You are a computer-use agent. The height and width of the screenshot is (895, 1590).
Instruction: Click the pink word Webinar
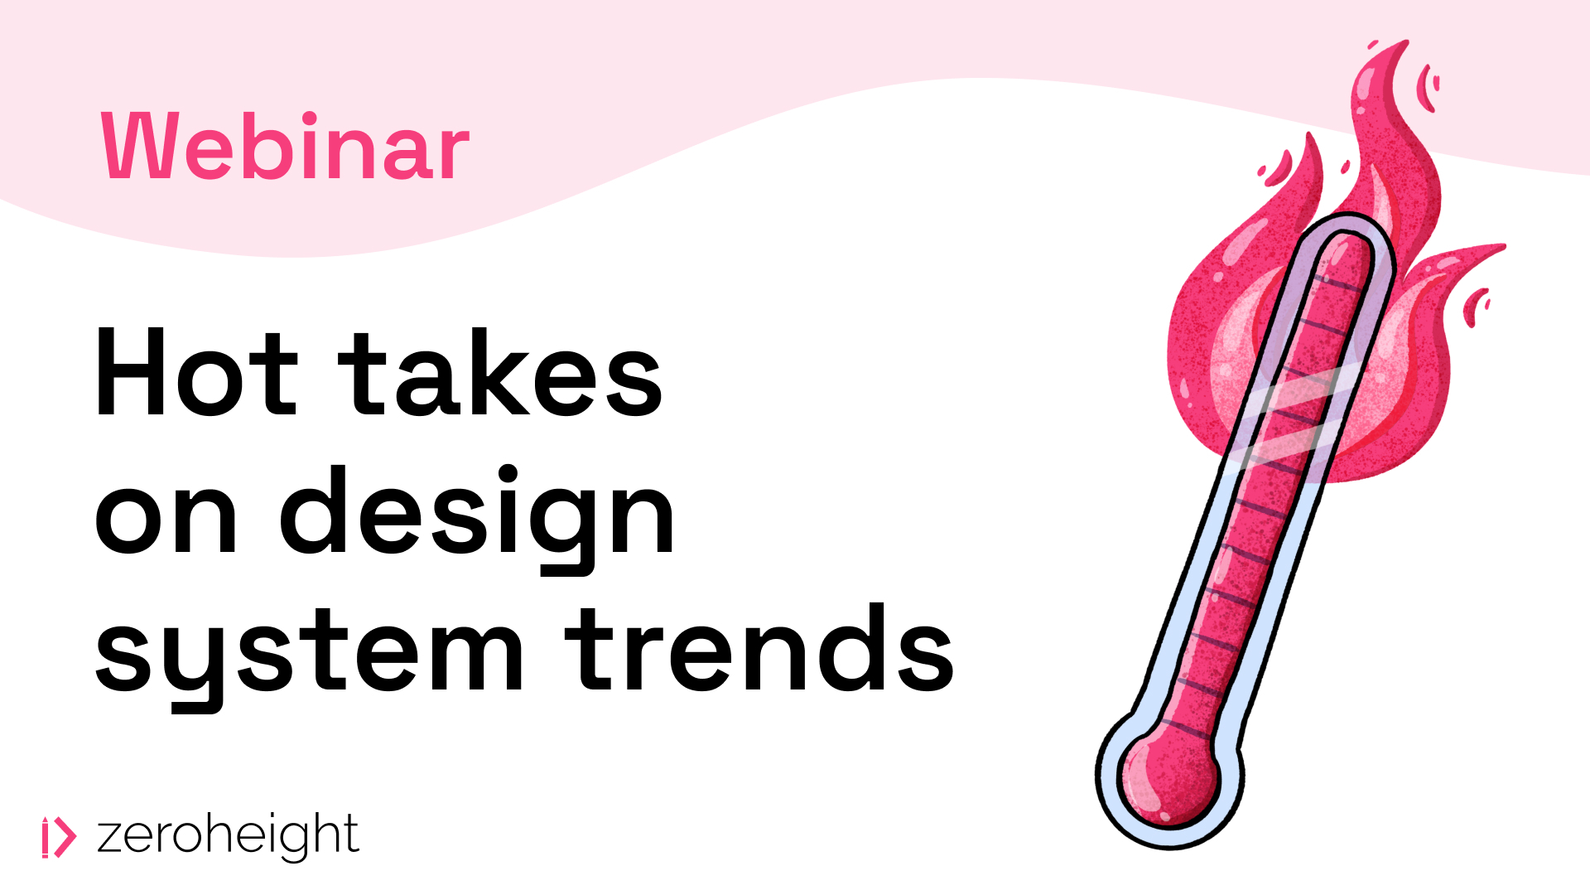pos(286,147)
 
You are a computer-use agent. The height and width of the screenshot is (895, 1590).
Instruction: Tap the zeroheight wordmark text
pos(228,835)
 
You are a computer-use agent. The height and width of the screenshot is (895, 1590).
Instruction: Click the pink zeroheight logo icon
pos(59,837)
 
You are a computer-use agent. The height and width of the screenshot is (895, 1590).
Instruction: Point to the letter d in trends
pos(849,647)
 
